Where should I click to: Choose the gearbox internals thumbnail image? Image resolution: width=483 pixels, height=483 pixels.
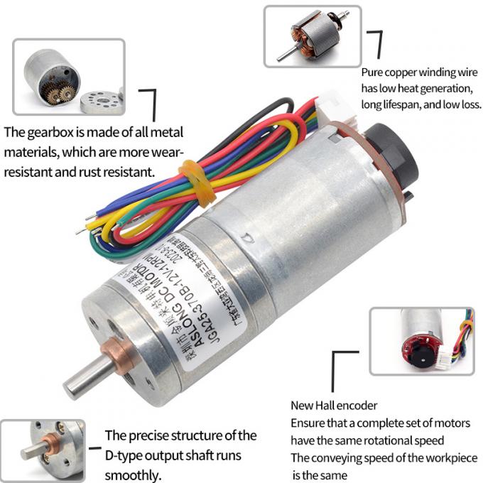[x=68, y=76]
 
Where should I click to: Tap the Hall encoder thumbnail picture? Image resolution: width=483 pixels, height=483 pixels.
[x=421, y=341]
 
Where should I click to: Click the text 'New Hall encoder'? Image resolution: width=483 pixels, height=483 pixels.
[x=334, y=406]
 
